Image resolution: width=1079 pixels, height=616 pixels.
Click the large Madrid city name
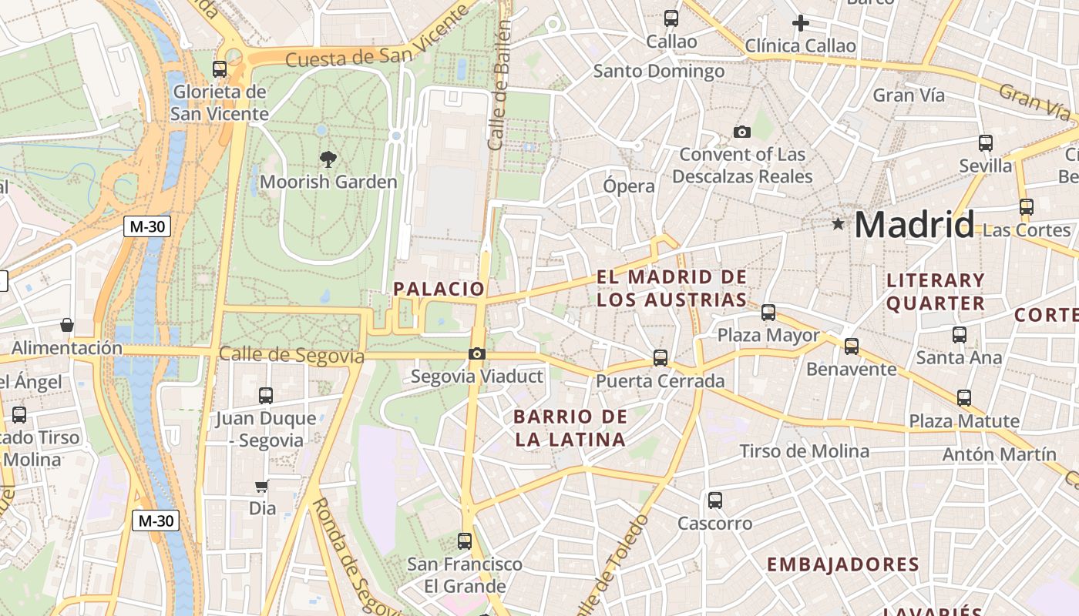(914, 225)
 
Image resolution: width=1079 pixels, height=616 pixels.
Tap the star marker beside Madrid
(838, 224)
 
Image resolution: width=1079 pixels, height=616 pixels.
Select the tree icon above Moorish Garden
(328, 159)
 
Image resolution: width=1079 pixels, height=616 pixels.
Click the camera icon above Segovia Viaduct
(477, 354)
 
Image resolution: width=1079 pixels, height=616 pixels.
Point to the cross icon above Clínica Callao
(801, 23)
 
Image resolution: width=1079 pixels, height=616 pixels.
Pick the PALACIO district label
(439, 290)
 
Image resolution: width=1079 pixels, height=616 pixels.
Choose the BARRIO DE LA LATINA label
(570, 428)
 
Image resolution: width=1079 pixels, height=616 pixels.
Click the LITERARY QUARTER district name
(936, 291)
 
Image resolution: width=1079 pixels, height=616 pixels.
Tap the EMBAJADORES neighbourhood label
(843, 564)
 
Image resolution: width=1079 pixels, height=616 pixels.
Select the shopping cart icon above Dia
(262, 486)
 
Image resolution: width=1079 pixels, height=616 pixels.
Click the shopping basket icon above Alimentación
(67, 325)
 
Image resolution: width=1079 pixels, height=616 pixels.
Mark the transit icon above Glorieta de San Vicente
(220, 69)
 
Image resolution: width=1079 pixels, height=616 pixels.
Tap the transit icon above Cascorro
(715, 500)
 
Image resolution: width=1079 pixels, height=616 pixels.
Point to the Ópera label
(629, 186)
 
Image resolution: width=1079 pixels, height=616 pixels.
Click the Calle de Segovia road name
(291, 355)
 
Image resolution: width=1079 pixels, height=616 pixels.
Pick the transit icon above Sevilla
(986, 142)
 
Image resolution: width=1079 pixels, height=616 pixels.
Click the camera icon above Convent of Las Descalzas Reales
(742, 132)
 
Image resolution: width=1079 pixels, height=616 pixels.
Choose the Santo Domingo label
(659, 72)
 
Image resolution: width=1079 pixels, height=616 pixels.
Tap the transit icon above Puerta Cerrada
(661, 358)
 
